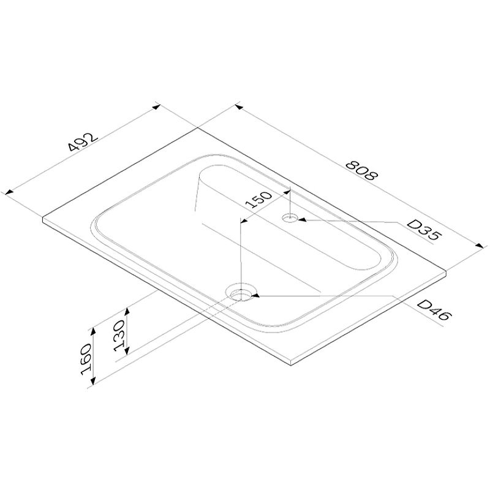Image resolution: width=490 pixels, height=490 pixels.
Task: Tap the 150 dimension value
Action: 258,200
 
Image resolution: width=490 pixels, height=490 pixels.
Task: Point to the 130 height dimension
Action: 119,336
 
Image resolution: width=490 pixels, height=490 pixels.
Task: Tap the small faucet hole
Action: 290,218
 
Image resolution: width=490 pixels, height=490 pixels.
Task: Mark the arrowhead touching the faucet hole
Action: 301,220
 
